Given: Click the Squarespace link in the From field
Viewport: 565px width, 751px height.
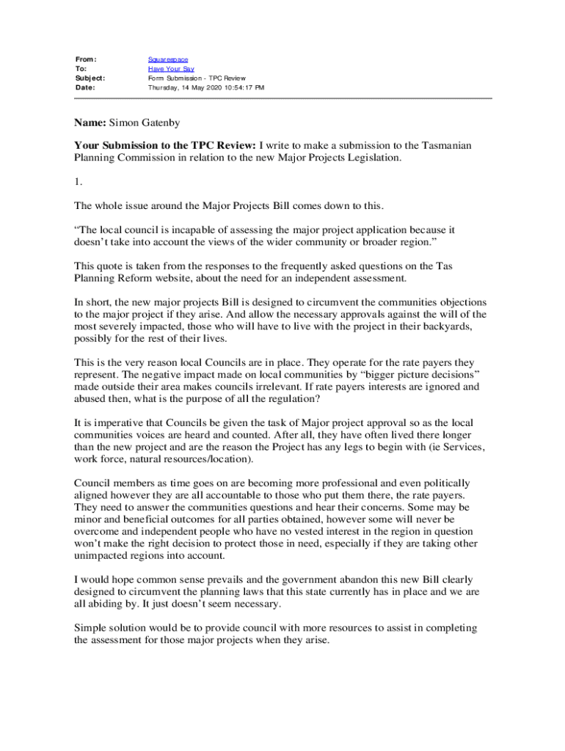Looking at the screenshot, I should tap(168, 59).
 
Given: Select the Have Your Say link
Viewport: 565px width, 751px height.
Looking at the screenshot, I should tap(166, 68).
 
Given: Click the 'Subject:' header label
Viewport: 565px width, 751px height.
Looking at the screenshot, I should tap(90, 78).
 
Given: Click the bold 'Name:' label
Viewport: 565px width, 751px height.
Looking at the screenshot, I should tap(90, 123).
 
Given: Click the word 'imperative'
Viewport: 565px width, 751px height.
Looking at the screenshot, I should tap(118, 423).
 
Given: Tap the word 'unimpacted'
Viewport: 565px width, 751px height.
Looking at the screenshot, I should tap(102, 555).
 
